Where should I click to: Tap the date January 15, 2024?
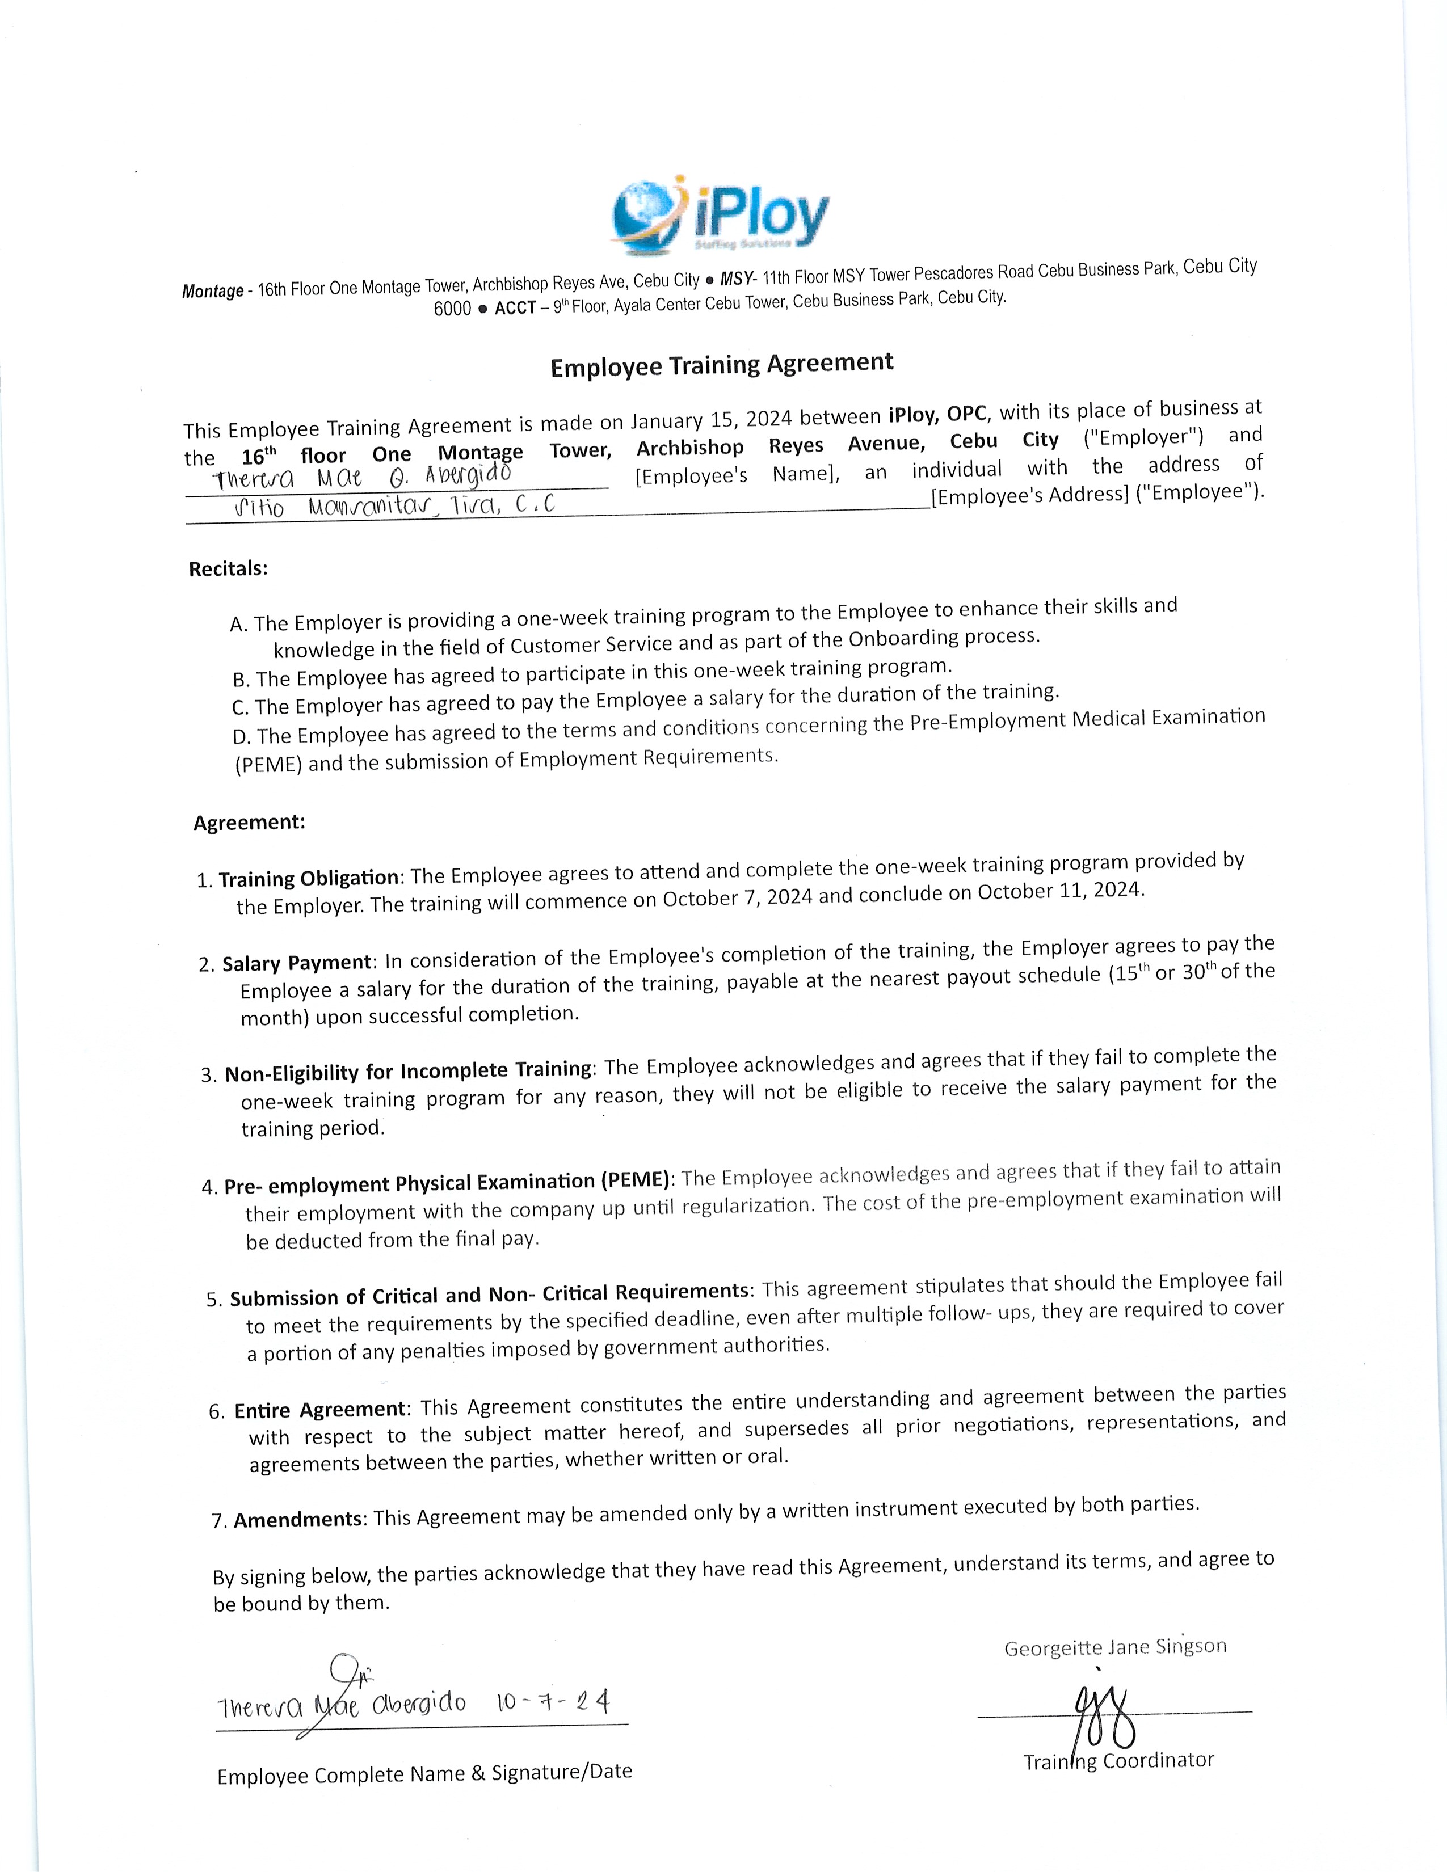(710, 420)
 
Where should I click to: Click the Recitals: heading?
(228, 569)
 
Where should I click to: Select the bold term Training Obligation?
(309, 879)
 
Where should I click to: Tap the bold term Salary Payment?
(297, 963)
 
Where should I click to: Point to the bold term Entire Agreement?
(319, 1410)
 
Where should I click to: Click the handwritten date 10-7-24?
(552, 1701)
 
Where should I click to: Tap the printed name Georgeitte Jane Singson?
(1115, 1647)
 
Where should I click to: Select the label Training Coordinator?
(1118, 1761)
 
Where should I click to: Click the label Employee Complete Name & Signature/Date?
(424, 1773)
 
